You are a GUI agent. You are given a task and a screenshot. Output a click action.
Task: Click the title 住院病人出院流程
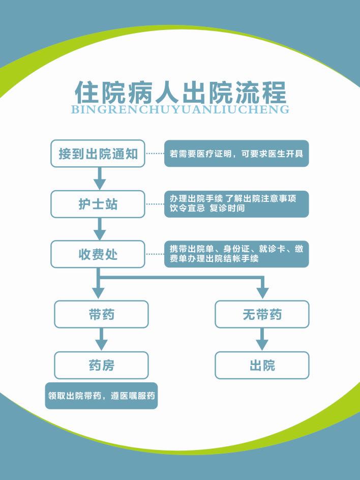[181, 92]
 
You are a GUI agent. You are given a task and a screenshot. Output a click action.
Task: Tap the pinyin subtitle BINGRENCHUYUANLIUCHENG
[181, 109]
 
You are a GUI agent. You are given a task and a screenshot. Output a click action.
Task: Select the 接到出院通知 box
[98, 154]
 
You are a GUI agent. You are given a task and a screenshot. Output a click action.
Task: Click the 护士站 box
[98, 204]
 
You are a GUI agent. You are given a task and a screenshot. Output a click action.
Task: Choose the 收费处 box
[98, 254]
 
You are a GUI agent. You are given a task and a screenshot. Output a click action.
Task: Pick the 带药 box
[101, 314]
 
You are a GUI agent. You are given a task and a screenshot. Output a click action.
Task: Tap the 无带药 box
[262, 314]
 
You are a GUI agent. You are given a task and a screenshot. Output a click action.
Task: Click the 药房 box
[101, 365]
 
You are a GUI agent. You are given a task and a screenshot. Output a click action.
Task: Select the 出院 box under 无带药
[262, 365]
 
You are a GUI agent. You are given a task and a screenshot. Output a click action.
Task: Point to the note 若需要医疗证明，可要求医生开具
[236, 154]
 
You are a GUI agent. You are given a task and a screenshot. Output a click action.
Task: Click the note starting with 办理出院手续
[236, 204]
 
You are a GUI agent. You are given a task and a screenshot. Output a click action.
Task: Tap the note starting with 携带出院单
[236, 254]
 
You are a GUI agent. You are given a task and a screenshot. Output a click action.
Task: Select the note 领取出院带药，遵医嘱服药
[101, 396]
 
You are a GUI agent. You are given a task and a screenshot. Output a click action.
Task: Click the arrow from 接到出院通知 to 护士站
[100, 178]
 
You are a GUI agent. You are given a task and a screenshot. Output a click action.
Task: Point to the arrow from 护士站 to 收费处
[100, 229]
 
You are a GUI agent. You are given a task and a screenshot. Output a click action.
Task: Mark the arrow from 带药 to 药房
[102, 340]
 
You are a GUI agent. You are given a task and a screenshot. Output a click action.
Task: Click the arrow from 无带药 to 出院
[262, 340]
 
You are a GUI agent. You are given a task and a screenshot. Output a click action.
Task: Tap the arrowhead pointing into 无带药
[262, 292]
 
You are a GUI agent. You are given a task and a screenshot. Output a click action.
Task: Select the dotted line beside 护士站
[155, 204]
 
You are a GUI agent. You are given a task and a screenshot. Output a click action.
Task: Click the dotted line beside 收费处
[155, 254]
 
